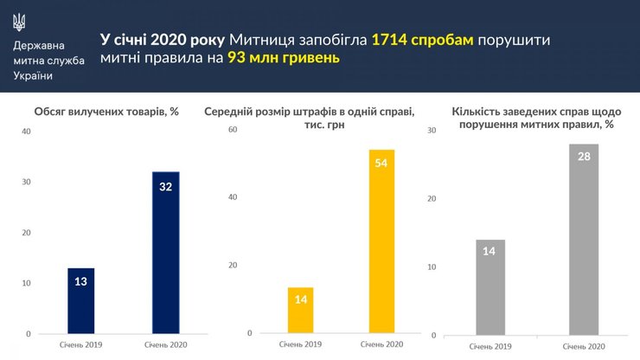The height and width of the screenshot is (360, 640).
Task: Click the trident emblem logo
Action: click(21, 20)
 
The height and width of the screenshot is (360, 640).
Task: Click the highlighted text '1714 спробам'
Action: click(422, 40)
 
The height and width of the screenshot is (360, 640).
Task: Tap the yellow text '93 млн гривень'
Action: click(284, 59)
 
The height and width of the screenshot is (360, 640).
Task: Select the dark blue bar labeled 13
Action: click(80, 300)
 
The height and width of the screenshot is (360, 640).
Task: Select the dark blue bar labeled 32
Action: click(165, 252)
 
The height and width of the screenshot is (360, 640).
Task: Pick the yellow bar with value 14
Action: click(300, 310)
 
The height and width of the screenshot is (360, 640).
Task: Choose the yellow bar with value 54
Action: click(381, 242)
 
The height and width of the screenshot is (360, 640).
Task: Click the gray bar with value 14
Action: click(490, 286)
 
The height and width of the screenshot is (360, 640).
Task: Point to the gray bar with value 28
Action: click(584, 239)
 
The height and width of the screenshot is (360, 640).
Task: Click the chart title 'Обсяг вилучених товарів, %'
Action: click(106, 112)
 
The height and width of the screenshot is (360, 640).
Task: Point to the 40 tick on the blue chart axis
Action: click(26, 132)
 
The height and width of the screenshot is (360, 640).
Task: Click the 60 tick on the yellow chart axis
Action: click(231, 130)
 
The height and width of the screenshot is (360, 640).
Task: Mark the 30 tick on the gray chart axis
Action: click(432, 130)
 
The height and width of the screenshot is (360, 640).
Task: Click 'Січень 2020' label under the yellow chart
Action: click(382, 344)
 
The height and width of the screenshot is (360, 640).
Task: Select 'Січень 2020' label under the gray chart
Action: click(583, 346)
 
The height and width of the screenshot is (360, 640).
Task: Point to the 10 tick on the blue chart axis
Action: click(26, 283)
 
